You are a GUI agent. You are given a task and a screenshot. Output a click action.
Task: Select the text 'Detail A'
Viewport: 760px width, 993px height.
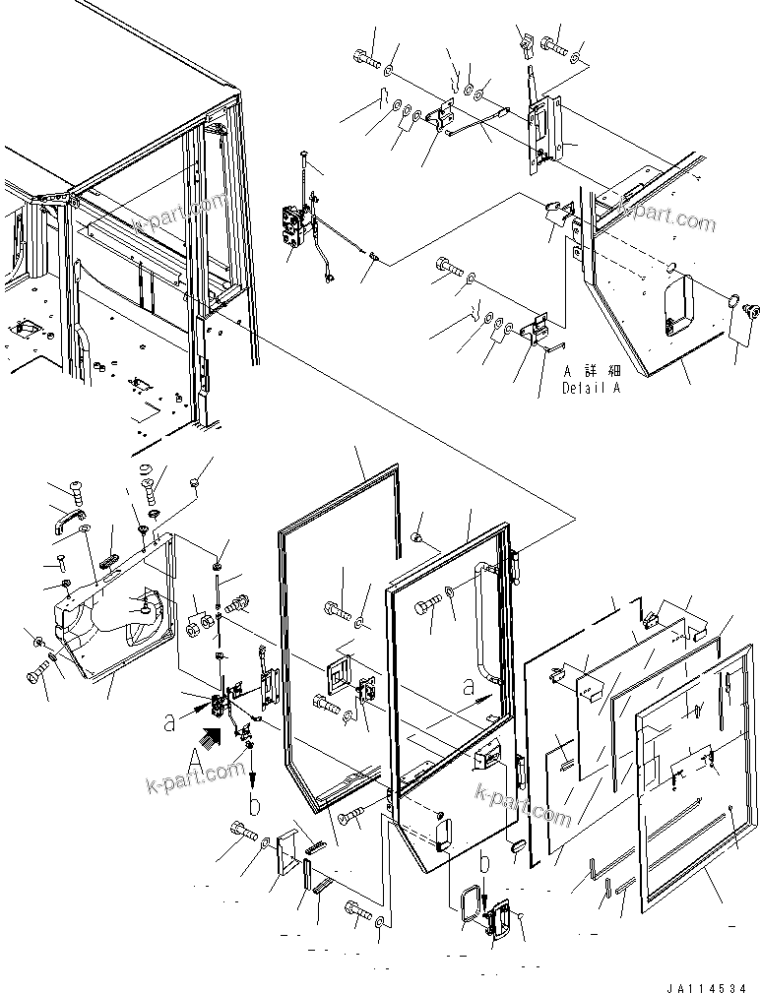592,388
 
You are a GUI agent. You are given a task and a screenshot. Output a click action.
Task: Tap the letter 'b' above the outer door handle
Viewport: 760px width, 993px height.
482,863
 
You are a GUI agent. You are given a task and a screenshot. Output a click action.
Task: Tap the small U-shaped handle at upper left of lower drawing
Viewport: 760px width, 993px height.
69,520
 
